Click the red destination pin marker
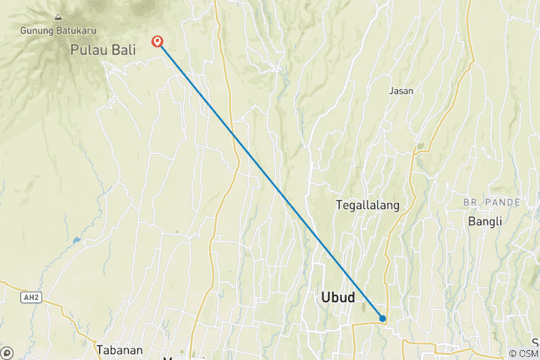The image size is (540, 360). [157, 41]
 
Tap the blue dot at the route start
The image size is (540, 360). [382, 319]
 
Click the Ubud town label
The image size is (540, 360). [337, 298]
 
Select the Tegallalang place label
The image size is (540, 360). [367, 205]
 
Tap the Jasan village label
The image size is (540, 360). [401, 91]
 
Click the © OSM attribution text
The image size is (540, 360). [523, 353]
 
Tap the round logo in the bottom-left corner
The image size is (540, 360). [7, 352]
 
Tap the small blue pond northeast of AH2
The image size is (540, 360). [76, 240]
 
